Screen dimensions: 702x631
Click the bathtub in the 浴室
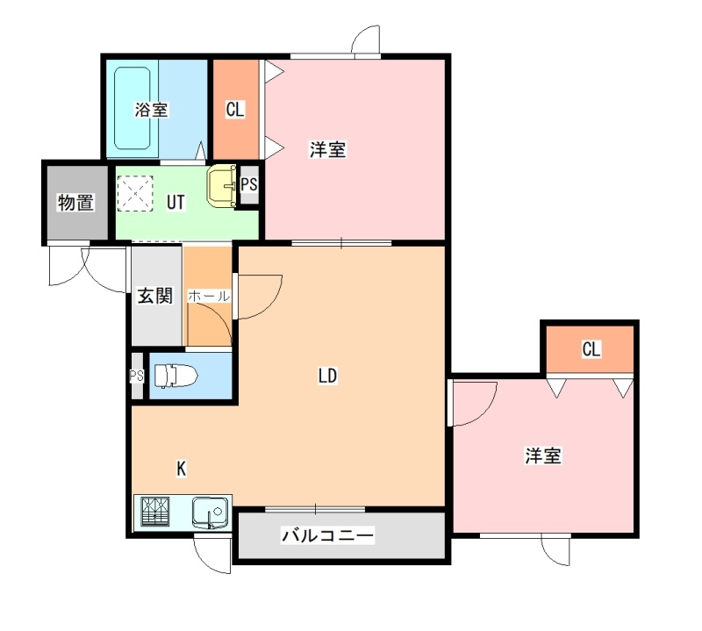pos(133,108)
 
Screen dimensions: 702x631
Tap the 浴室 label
pos(151,110)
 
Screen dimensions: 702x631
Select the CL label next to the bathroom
pos(235,110)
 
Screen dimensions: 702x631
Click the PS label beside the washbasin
pos(249,184)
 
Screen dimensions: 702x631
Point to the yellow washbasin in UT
pos(222,185)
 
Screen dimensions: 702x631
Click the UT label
pos(175,203)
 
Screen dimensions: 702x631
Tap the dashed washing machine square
pos(135,193)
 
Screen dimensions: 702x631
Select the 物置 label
pos(76,203)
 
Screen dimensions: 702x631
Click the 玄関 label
pos(155,296)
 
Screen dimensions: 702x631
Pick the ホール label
pos(209,296)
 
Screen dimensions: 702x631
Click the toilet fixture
pos(176,376)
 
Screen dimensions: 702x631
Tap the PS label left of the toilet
pos(137,376)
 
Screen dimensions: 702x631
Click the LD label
pos(327,376)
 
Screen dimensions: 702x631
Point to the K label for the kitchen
pos(182,469)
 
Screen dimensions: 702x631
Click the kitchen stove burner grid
pos(155,512)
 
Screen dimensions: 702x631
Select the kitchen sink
pos(210,513)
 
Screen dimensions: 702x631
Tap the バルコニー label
pos(327,535)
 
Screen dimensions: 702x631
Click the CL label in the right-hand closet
pos(591,349)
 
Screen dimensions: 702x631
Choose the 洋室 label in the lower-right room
pos(542,455)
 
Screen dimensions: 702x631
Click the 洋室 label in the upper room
pos(327,149)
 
